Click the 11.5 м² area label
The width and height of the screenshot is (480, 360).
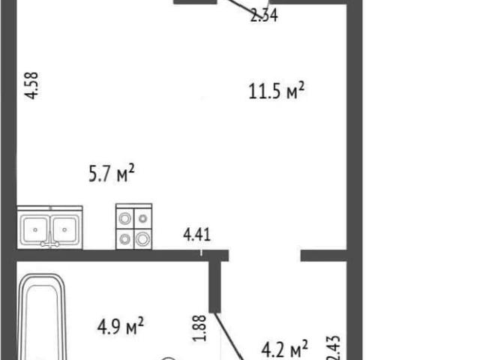[277, 91]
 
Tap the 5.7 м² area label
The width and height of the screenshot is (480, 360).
[112, 173]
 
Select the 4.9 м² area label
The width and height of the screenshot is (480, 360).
[120, 326]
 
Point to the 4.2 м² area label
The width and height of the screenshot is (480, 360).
[284, 349]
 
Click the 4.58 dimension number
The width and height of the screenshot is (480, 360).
[31, 85]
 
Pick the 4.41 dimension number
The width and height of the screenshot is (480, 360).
[196, 235]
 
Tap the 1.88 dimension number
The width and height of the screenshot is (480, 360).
[199, 328]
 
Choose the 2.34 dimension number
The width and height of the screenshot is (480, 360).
[264, 15]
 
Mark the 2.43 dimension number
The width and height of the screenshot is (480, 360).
[333, 348]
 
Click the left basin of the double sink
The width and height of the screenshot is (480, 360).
[35, 229]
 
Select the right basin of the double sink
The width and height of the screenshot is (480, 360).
[64, 229]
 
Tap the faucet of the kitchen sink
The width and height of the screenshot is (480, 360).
[50, 240]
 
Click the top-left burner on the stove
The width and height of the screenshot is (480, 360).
[125, 218]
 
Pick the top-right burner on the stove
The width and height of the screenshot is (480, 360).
[143, 218]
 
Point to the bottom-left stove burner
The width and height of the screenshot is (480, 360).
[124, 238]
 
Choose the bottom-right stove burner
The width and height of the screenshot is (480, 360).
[142, 239]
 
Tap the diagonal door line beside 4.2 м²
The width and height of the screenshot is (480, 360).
[229, 336]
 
